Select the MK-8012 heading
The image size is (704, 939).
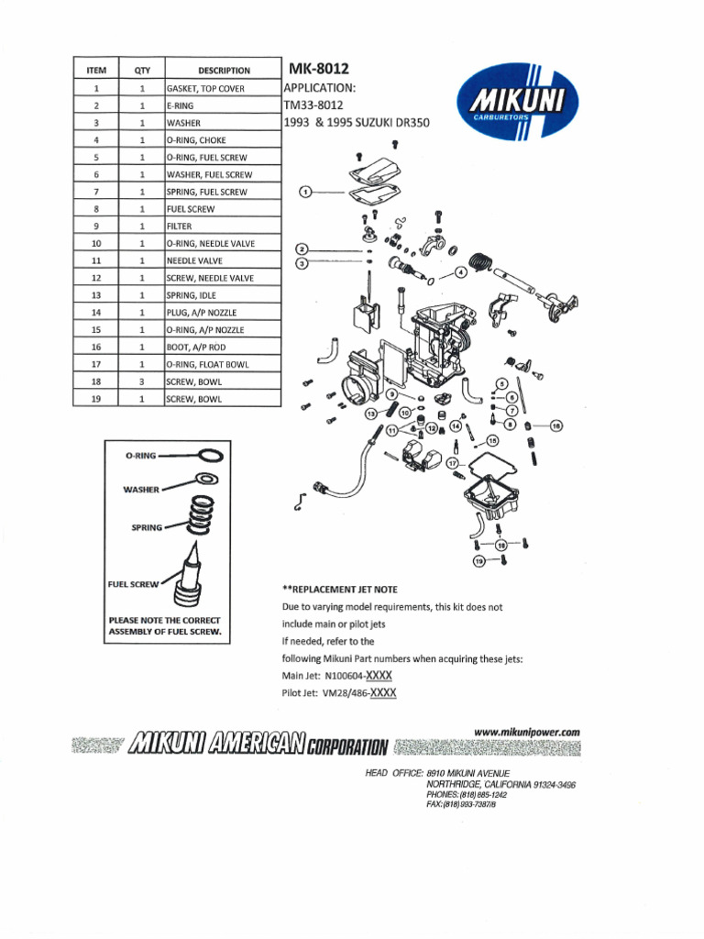[319, 69]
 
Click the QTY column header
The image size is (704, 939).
[142, 71]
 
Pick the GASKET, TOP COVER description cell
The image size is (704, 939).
[222, 89]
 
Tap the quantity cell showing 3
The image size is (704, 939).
[142, 381]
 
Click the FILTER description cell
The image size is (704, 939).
[222, 226]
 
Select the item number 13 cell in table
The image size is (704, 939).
[96, 295]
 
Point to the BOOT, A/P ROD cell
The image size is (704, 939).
[222, 347]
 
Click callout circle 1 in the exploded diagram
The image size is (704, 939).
[306, 192]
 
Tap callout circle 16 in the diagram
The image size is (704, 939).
[555, 425]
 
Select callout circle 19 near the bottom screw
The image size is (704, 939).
[478, 560]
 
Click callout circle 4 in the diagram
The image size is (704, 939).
[460, 272]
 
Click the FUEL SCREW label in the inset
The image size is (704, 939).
[134, 583]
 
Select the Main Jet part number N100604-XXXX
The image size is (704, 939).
[360, 676]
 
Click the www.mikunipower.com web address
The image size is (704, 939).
[527, 732]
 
